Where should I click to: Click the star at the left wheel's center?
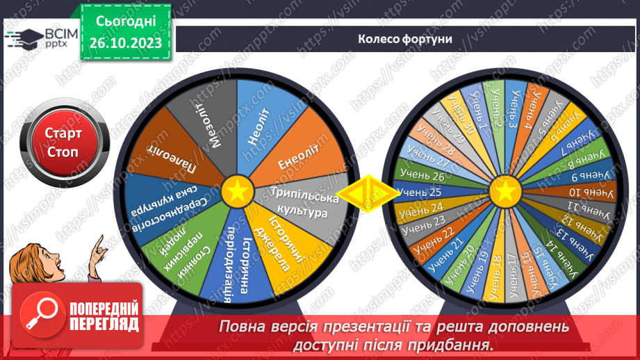click(x=237, y=190)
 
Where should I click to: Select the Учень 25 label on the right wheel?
click(x=423, y=192)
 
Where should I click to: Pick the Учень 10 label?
click(x=584, y=192)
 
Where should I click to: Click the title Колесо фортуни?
click(x=406, y=39)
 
